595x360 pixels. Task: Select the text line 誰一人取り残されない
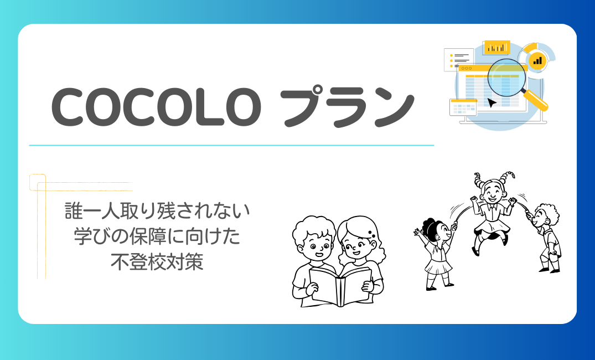click(x=157, y=211)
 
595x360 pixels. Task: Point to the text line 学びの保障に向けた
click(x=157, y=236)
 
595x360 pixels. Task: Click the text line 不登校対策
click(x=157, y=262)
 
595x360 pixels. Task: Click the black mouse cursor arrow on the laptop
click(x=491, y=102)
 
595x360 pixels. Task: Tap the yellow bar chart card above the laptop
click(x=496, y=47)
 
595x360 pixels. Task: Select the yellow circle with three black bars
click(x=537, y=60)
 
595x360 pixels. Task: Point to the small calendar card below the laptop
click(x=463, y=107)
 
